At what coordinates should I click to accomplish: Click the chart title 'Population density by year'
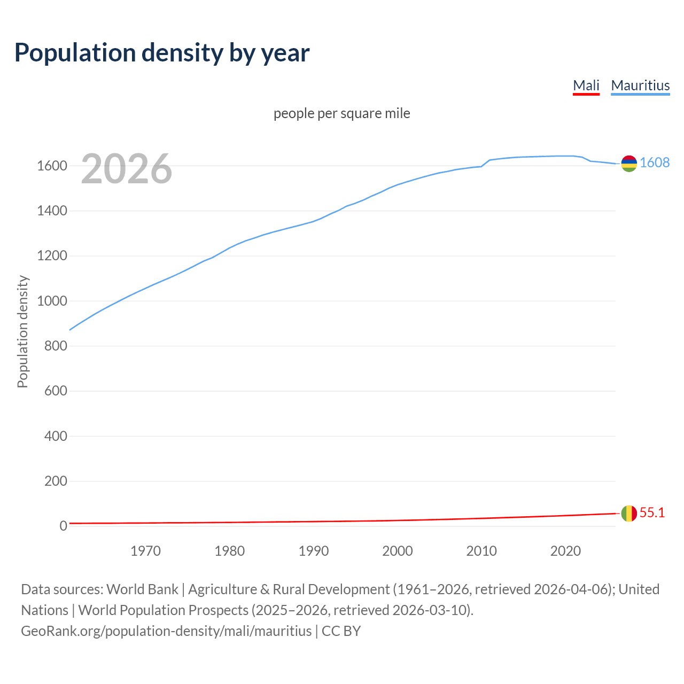click(162, 52)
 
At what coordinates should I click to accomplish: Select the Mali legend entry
click(586, 85)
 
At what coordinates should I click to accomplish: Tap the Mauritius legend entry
click(640, 85)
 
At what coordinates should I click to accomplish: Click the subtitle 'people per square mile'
click(342, 113)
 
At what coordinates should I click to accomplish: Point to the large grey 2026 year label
click(127, 169)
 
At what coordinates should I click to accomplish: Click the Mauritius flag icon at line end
click(629, 164)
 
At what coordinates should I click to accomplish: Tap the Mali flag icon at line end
click(629, 514)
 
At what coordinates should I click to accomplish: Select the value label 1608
click(655, 163)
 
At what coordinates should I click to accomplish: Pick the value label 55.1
click(652, 513)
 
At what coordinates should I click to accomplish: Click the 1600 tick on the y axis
click(52, 166)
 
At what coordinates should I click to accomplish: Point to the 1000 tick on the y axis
click(52, 301)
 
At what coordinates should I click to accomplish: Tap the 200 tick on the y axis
click(56, 481)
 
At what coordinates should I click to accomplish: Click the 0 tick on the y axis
click(63, 526)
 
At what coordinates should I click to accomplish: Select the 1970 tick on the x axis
click(145, 551)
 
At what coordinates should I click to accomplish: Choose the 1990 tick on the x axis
click(314, 551)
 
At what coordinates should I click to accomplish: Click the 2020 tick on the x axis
click(565, 551)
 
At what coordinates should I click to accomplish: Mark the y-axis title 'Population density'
click(22, 331)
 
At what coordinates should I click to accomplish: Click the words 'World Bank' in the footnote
click(142, 589)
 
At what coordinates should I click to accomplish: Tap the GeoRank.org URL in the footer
click(166, 631)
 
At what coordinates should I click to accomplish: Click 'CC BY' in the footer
click(341, 631)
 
